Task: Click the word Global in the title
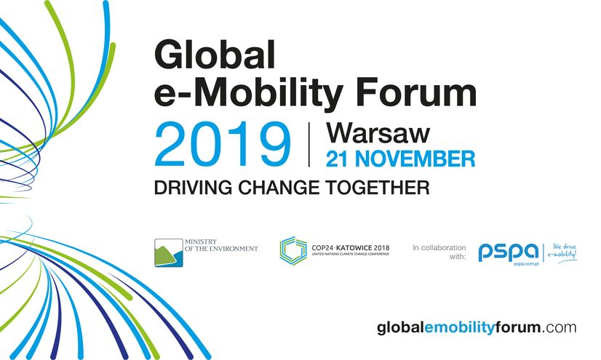click(215, 55)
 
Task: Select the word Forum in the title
click(416, 92)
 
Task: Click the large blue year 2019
click(223, 144)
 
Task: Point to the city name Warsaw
click(378, 133)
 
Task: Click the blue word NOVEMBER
click(415, 159)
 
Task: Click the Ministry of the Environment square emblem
click(169, 253)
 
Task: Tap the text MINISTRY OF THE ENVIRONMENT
click(221, 245)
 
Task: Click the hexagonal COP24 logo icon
click(293, 251)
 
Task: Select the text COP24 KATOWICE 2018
click(350, 248)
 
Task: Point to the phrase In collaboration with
click(439, 252)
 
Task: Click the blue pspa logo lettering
click(509, 252)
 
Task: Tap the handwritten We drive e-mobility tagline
click(562, 252)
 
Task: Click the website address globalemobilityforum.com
click(477, 328)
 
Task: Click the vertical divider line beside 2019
click(309, 145)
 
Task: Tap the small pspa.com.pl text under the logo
click(526, 264)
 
